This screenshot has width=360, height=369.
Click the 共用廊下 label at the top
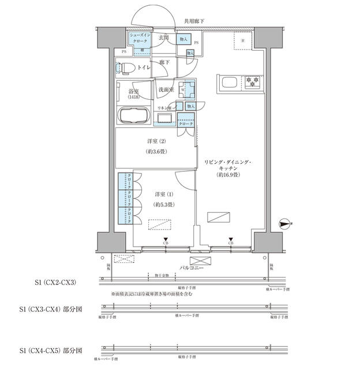tap(194, 21)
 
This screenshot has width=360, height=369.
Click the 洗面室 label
tap(167, 90)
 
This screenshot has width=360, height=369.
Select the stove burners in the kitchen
tap(252, 82)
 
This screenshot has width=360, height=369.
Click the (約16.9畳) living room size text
tap(228, 174)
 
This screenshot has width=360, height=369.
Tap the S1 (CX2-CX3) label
tap(57, 283)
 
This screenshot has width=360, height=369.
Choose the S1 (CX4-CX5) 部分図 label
tap(51, 350)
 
